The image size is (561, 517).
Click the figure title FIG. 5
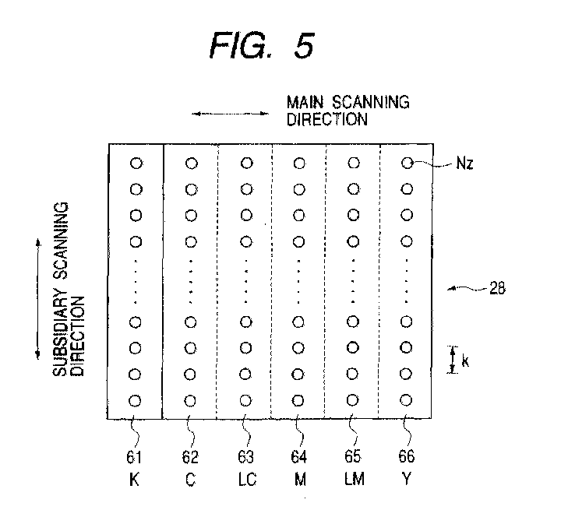point(262,45)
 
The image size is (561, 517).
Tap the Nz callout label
point(464,164)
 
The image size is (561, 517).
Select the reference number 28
point(497,288)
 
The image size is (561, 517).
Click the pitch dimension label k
point(464,360)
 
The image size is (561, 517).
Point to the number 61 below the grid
point(134,457)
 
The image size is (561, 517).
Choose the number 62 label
point(189,457)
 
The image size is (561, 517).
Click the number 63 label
point(245,457)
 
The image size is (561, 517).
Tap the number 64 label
point(298,456)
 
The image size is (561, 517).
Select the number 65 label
point(353,456)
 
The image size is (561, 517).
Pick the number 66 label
point(407,456)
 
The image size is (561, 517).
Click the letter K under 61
point(134,479)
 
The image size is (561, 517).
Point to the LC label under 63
point(247,479)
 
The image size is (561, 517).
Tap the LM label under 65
point(355,479)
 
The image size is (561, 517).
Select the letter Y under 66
point(407,478)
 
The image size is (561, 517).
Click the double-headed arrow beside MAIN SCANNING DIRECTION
point(230,114)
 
